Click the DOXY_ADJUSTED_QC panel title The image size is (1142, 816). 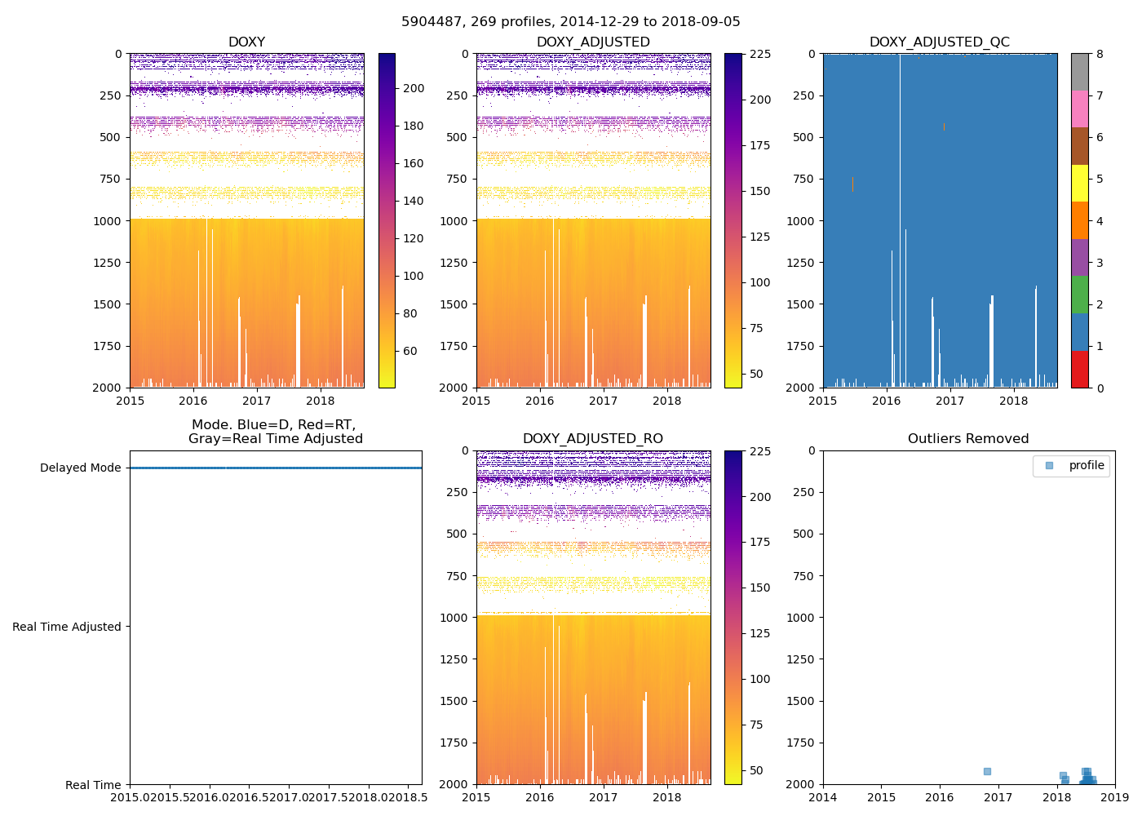940,42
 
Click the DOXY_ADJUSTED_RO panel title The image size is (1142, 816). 593,438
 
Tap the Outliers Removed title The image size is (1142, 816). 968,438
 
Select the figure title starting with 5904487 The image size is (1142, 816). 570,21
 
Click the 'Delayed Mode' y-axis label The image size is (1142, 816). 80,468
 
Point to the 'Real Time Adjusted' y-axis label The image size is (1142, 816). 66,627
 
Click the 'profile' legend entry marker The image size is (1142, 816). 1050,465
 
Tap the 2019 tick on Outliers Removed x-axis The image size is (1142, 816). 1115,797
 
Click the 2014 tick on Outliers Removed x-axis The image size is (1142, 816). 823,797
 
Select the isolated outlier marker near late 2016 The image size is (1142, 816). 987,771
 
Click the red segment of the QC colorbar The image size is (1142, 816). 1079,369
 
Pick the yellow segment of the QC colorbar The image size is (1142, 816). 1079,184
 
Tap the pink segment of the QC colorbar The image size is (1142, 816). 1079,109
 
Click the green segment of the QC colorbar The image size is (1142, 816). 1079,295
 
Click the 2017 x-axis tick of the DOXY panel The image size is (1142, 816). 257,400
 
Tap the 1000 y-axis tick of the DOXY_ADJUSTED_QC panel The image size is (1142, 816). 803,220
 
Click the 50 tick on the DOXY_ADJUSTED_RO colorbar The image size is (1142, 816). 756,770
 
